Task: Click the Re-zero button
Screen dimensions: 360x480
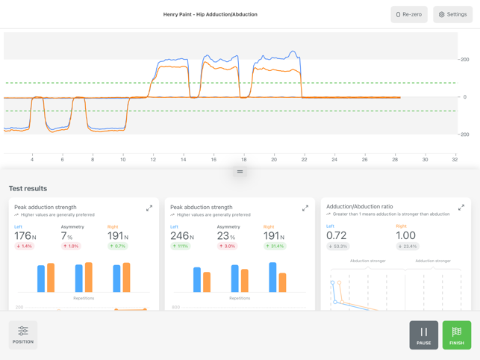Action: click(409, 14)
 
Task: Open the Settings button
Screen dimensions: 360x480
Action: click(452, 14)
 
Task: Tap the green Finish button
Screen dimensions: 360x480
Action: click(457, 335)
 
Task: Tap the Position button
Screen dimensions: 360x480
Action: click(23, 335)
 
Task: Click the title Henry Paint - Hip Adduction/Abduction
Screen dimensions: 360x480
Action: click(211, 14)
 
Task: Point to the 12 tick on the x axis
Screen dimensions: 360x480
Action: click(153, 159)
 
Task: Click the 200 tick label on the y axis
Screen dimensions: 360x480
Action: click(464, 60)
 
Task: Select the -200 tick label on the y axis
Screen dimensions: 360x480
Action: click(464, 135)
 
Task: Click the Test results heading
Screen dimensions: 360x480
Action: click(28, 188)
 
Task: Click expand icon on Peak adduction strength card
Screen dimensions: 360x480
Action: click(149, 208)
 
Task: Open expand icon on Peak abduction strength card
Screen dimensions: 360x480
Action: click(305, 208)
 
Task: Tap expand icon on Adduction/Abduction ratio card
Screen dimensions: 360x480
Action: click(461, 207)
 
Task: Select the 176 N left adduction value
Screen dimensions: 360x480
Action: click(25, 236)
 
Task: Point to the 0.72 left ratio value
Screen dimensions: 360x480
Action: click(337, 235)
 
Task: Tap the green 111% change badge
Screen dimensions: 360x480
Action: click(180, 246)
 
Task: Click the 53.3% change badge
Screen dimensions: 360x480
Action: click(338, 246)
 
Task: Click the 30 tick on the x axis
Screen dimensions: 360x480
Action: click(425, 159)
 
